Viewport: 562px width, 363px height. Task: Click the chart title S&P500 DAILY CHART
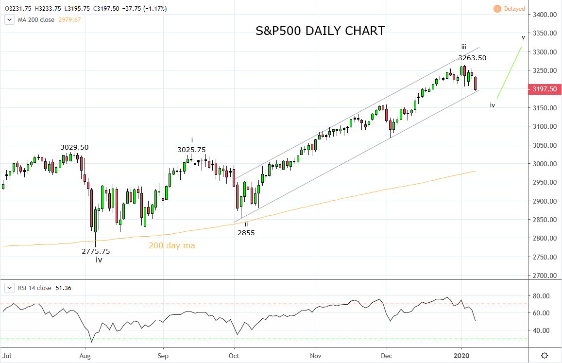pyautogui.click(x=320, y=31)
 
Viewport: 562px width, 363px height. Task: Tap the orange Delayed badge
pyautogui.click(x=510, y=9)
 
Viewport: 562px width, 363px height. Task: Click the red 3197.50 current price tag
pyautogui.click(x=544, y=89)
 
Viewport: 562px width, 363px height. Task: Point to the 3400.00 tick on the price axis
pyautogui.click(x=544, y=15)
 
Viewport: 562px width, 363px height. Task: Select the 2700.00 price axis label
pyautogui.click(x=544, y=276)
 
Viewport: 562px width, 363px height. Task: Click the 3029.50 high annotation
pyautogui.click(x=74, y=147)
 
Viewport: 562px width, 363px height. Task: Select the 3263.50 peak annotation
pyautogui.click(x=472, y=58)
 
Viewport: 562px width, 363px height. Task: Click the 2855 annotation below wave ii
pyautogui.click(x=246, y=233)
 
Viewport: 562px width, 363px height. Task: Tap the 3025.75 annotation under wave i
pyautogui.click(x=191, y=150)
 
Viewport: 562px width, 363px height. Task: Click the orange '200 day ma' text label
pyautogui.click(x=172, y=246)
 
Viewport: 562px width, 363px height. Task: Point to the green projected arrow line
pyautogui.click(x=509, y=73)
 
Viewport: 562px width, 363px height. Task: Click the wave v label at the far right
pyautogui.click(x=523, y=37)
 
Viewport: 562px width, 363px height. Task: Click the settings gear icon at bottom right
pyautogui.click(x=545, y=355)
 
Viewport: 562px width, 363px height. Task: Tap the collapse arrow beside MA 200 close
pyautogui.click(x=9, y=19)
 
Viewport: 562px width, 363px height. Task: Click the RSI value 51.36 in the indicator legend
pyautogui.click(x=62, y=288)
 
